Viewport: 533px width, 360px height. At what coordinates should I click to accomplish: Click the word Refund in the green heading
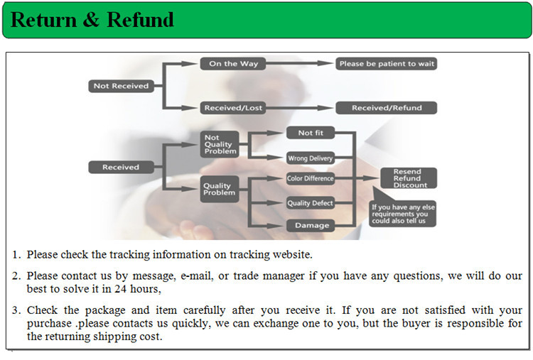coord(140,20)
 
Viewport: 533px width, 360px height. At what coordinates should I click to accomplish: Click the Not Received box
coord(121,86)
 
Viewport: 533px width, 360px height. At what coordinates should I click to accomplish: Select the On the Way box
coord(233,64)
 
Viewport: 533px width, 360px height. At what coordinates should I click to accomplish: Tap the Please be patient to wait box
coord(387,64)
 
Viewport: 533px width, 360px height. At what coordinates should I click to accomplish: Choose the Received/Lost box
coord(233,108)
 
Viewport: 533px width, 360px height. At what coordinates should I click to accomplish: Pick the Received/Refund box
coord(387,108)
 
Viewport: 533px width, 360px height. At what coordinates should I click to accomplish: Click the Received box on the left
coord(121,168)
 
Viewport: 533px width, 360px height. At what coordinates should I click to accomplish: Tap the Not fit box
coord(310,133)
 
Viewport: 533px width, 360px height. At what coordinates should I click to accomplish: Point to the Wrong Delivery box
coord(310,158)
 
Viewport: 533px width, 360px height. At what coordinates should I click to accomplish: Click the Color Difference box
coord(310,178)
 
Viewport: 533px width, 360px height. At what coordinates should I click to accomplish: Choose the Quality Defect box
coord(310,203)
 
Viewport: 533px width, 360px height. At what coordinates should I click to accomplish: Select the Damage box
coord(310,226)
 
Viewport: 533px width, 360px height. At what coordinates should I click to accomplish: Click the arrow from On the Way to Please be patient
coord(298,64)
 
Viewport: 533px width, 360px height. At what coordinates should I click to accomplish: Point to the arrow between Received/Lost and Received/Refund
coord(298,108)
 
